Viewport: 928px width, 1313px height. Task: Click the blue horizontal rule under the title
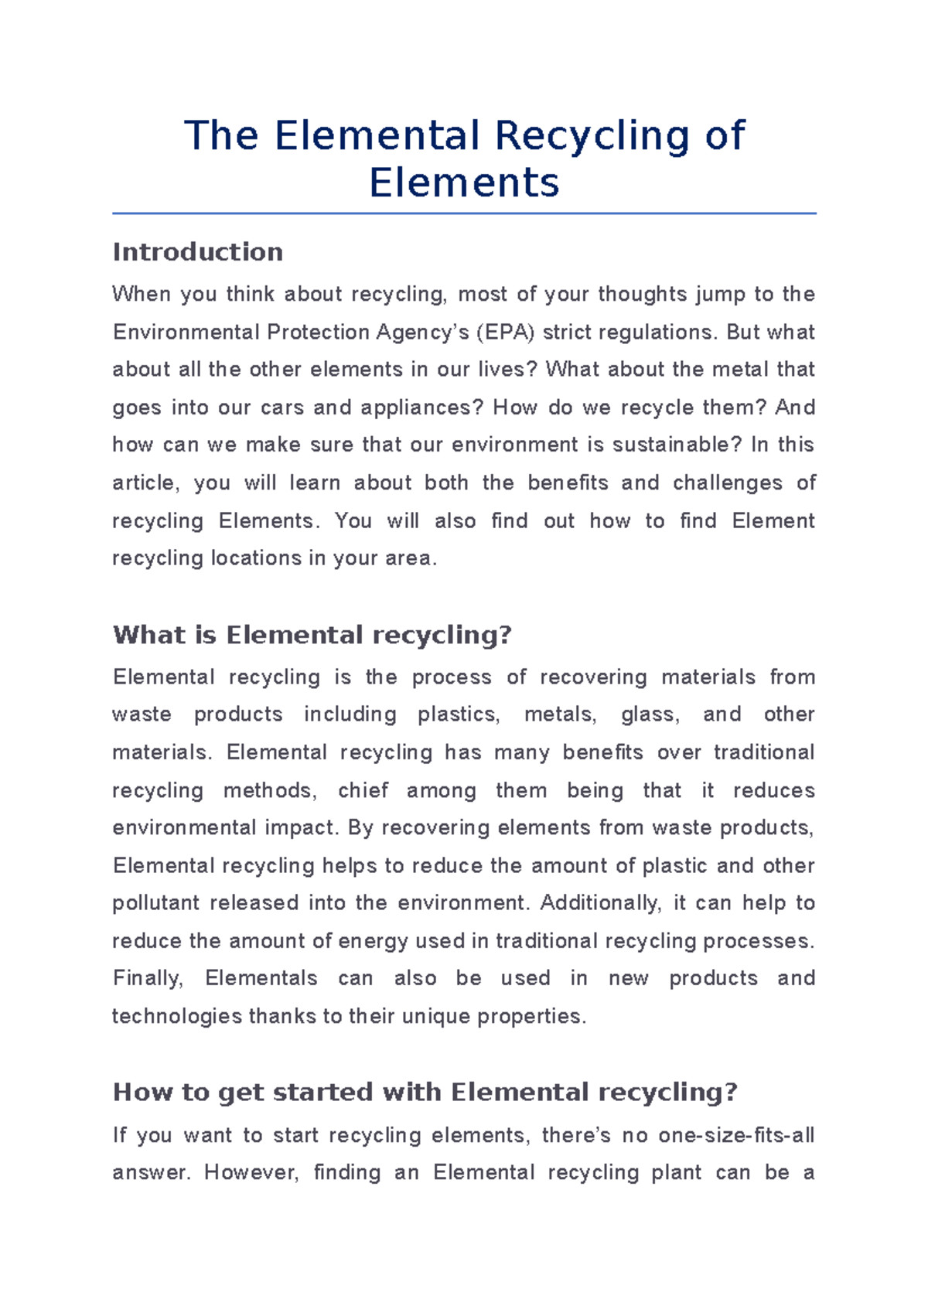464,213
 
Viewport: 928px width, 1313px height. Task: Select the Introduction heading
197,252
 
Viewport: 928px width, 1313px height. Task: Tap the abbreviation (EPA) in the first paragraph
505,333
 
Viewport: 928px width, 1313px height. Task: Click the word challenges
727,483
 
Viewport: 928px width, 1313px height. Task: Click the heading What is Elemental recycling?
312,636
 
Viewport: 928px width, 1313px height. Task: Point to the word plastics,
459,714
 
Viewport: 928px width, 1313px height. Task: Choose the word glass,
650,714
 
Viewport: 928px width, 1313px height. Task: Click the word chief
363,790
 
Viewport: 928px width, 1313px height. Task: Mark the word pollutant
155,903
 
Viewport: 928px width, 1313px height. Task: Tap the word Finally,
148,978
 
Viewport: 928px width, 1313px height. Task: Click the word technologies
177,1016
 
